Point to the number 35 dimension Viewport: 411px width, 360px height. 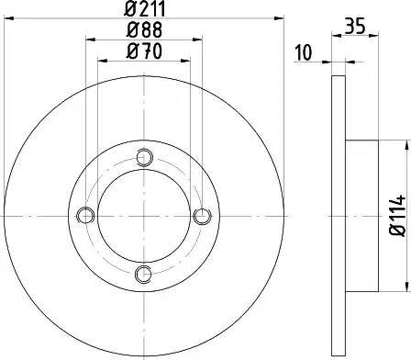(357, 27)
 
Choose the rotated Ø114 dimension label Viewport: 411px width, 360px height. (395, 213)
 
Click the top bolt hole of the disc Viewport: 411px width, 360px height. (143, 157)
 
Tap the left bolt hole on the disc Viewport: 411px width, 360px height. (86, 215)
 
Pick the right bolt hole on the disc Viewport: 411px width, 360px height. (201, 215)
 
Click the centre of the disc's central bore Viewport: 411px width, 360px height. (143, 215)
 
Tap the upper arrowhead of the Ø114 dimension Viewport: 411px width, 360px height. (404, 144)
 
